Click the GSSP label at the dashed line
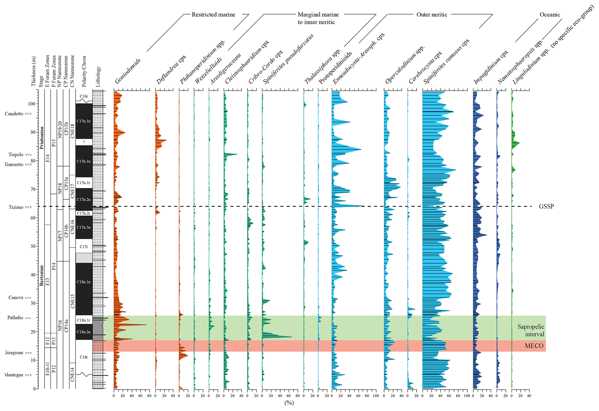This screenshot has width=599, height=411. [x=546, y=207]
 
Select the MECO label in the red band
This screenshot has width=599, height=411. [x=534, y=346]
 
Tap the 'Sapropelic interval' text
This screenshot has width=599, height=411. [x=531, y=331]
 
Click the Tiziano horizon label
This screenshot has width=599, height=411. [x=16, y=207]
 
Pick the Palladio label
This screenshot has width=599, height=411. [x=15, y=318]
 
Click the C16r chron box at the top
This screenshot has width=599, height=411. [x=84, y=96]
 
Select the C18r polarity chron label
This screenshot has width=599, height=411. [x=84, y=357]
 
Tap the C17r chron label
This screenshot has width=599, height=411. [x=84, y=247]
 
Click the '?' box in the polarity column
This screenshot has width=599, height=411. [x=84, y=142]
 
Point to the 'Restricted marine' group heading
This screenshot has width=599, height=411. [x=213, y=15]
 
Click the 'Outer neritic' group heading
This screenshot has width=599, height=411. [x=432, y=15]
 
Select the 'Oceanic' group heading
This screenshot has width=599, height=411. [x=549, y=15]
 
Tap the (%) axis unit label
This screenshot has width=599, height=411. [x=289, y=403]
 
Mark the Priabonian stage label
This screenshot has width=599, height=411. [x=42, y=138]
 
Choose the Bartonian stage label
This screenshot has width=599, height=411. [x=42, y=276]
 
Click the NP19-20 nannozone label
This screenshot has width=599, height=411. [x=60, y=129]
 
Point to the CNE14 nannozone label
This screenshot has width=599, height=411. [x=72, y=375]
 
